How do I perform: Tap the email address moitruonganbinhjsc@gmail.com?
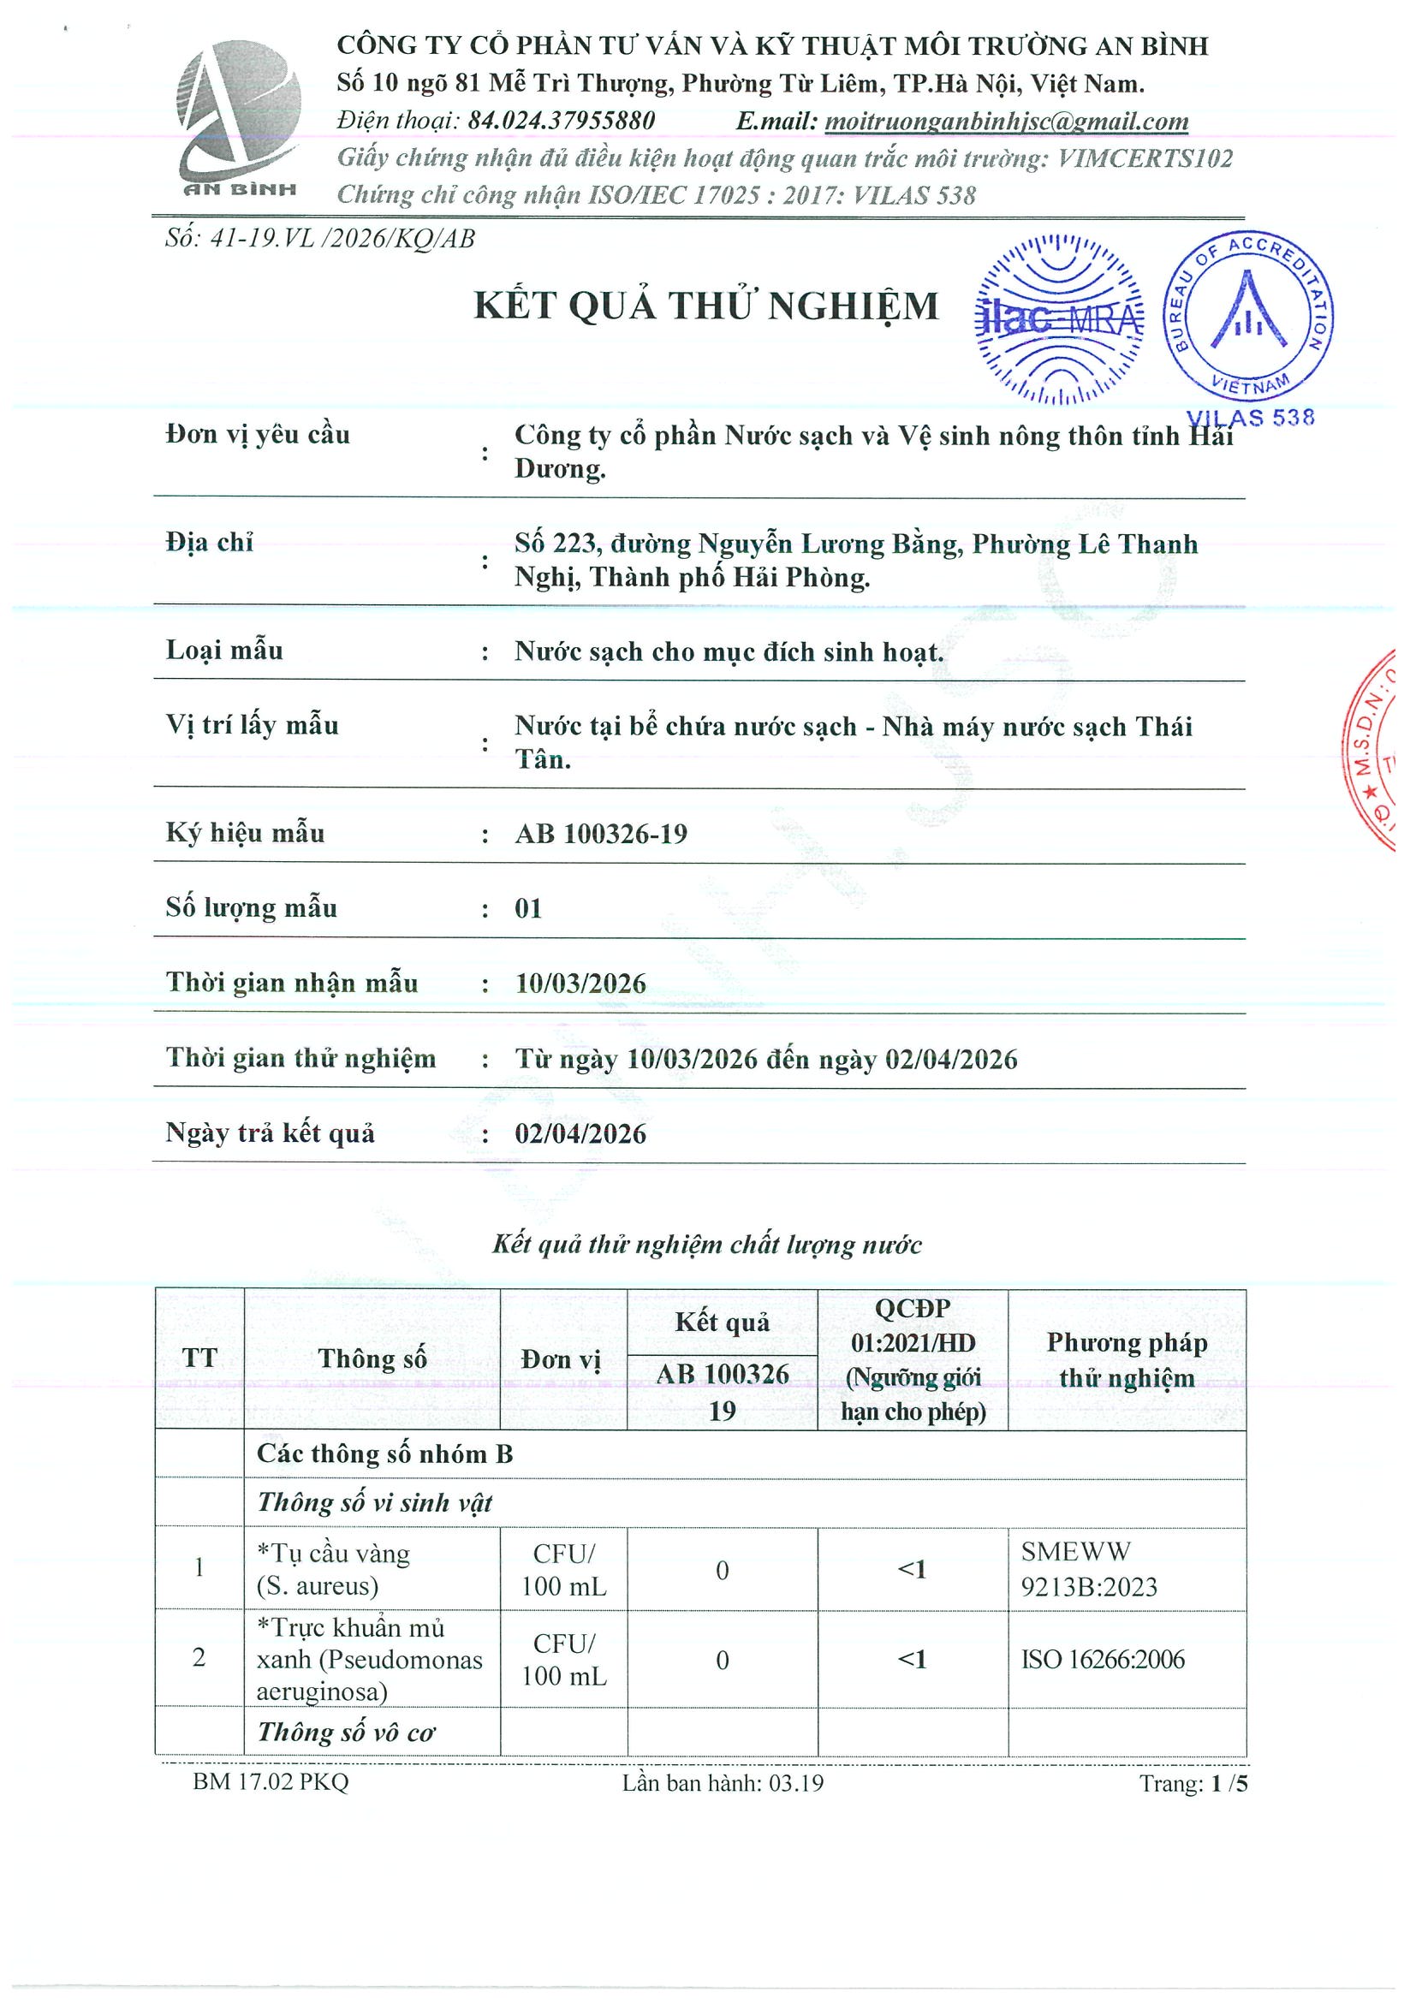(1006, 122)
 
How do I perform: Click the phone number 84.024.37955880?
(561, 122)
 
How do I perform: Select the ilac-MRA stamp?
(1058, 319)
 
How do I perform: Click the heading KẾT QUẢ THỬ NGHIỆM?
(705, 306)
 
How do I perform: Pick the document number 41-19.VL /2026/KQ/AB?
(320, 239)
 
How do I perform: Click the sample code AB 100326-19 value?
(601, 834)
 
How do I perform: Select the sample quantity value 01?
(528, 909)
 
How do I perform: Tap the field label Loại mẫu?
(224, 650)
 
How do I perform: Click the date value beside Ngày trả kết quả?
(580, 1134)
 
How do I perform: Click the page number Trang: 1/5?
(1193, 1784)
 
